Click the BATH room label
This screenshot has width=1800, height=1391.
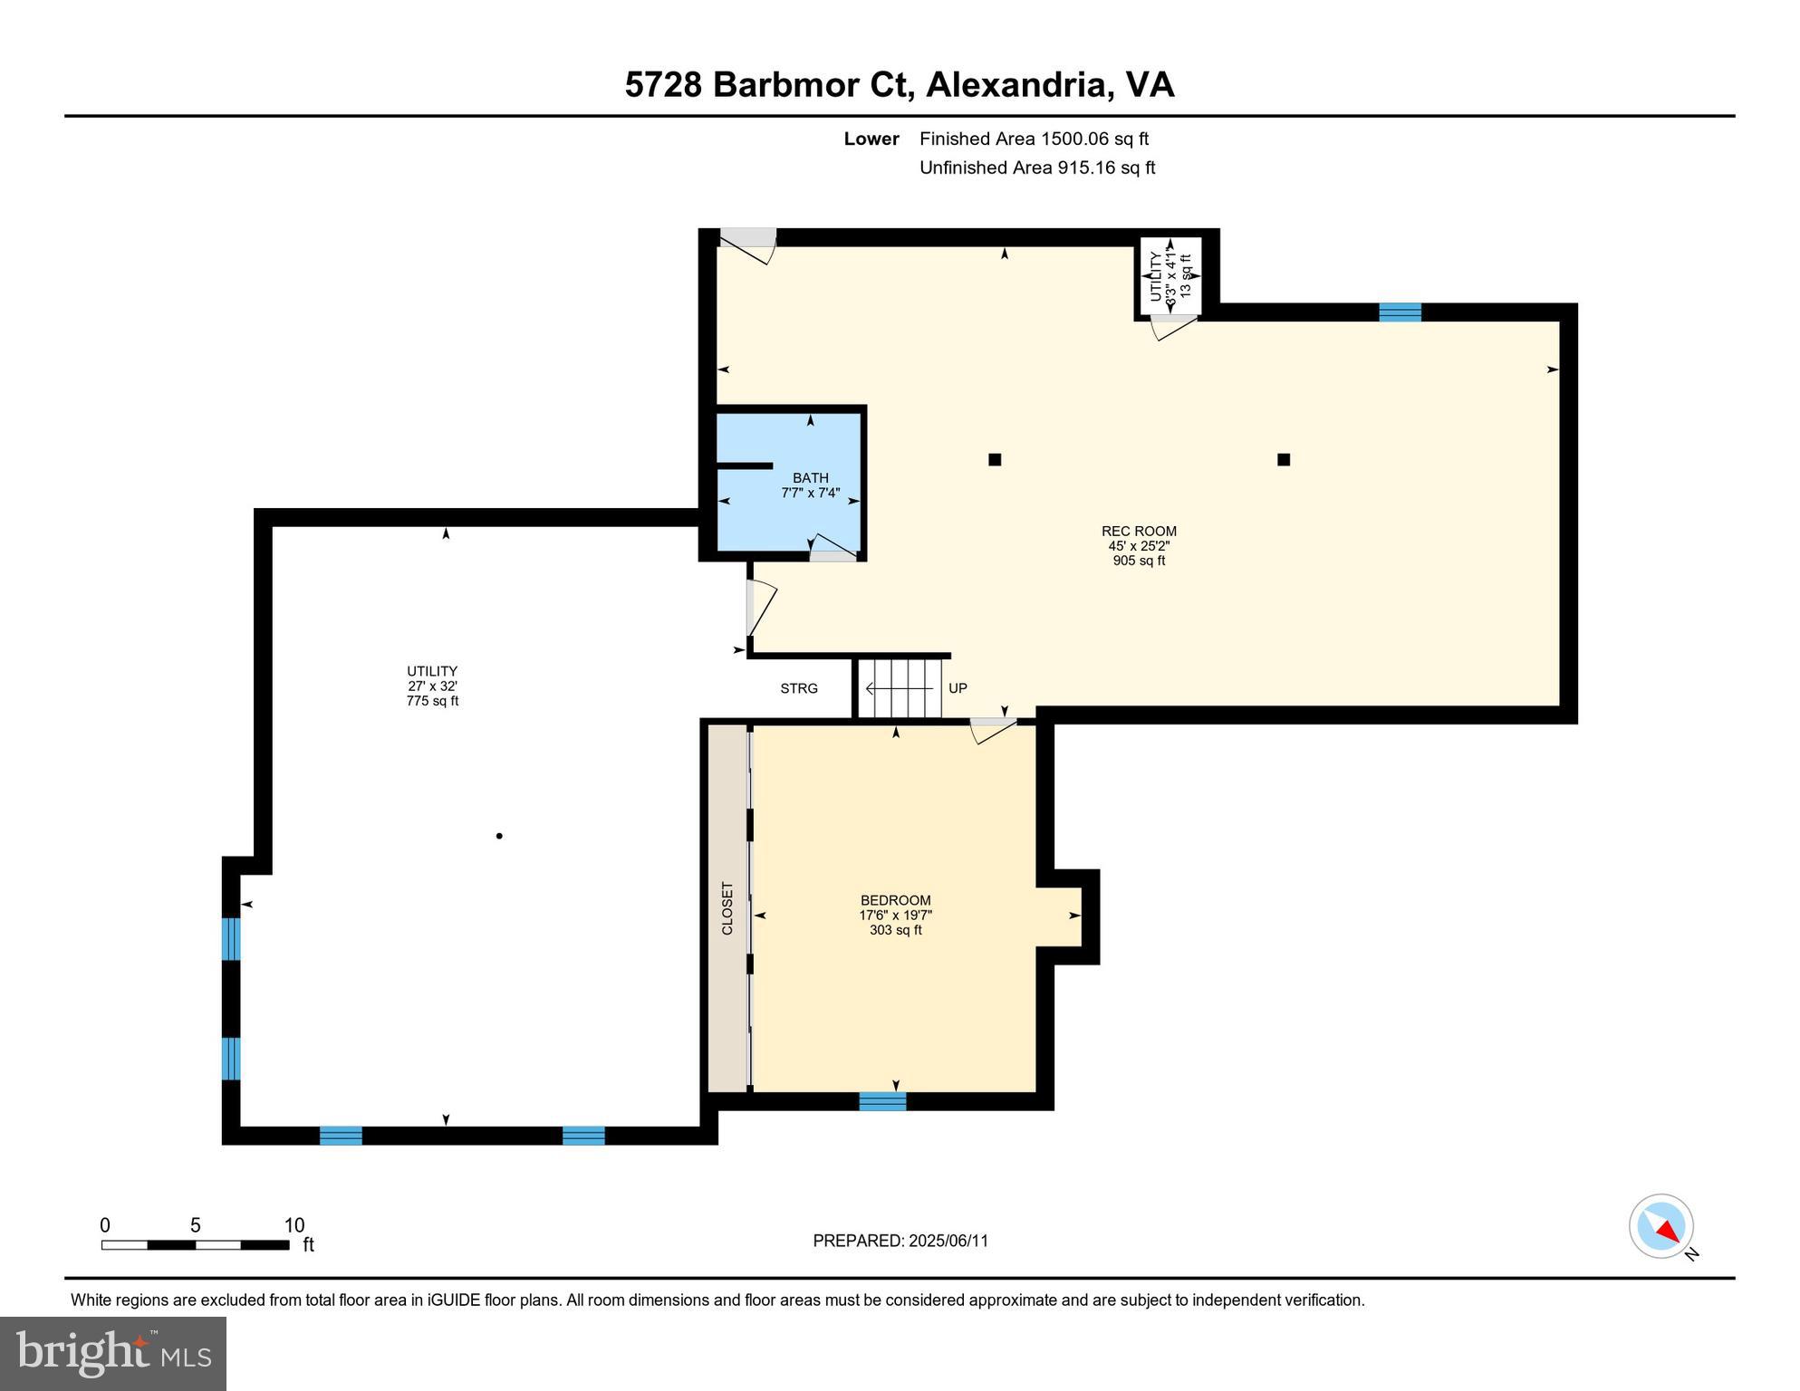pos(810,478)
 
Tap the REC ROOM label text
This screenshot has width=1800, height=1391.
pos(1139,532)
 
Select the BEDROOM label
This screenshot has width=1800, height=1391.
pos(895,900)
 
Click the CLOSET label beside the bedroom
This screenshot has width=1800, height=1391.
pos(727,908)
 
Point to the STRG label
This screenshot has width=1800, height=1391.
pos(799,688)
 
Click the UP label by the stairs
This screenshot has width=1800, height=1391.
pos(958,688)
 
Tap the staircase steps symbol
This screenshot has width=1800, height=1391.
pos(900,688)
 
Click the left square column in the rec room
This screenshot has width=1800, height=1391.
pos(995,459)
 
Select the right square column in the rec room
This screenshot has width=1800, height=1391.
pos(1284,459)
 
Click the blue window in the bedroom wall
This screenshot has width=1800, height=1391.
pos(882,1101)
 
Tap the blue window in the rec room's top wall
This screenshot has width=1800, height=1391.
pos(1400,312)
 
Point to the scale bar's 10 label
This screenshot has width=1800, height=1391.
pos(294,1225)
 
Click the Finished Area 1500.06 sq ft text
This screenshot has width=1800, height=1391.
pos(1034,139)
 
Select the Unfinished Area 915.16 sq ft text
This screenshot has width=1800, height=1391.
pos(1037,168)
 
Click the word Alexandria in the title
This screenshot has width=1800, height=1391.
pos(1020,85)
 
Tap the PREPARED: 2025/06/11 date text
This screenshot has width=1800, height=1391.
pos(900,1241)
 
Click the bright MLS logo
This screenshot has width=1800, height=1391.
pos(113,1353)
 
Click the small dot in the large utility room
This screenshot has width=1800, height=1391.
pos(499,836)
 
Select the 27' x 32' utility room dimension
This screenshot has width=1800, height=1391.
pos(432,686)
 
